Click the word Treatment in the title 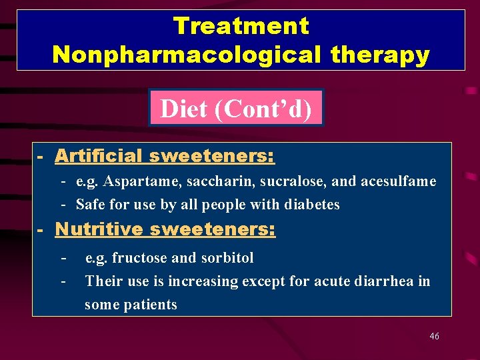[x=241, y=26]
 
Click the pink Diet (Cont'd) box [x=236, y=108]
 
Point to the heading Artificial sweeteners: [x=164, y=156]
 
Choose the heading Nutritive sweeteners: [x=165, y=229]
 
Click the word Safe [x=89, y=204]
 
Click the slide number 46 [x=434, y=337]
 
